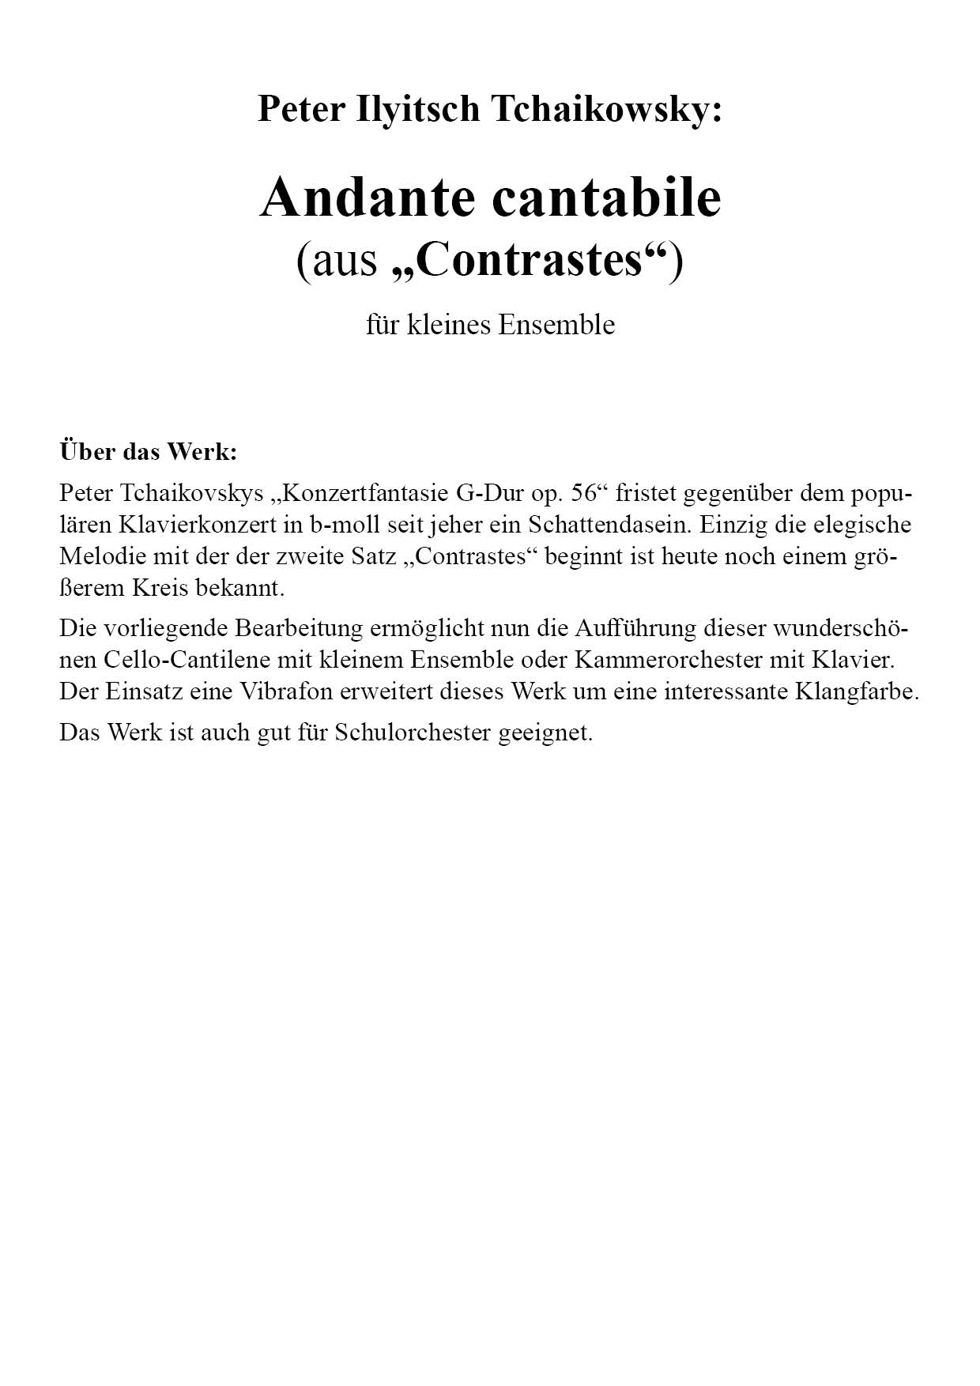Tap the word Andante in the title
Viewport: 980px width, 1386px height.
(x=366, y=198)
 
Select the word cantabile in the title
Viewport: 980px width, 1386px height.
(x=608, y=198)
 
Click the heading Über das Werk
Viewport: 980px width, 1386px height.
(x=148, y=452)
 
